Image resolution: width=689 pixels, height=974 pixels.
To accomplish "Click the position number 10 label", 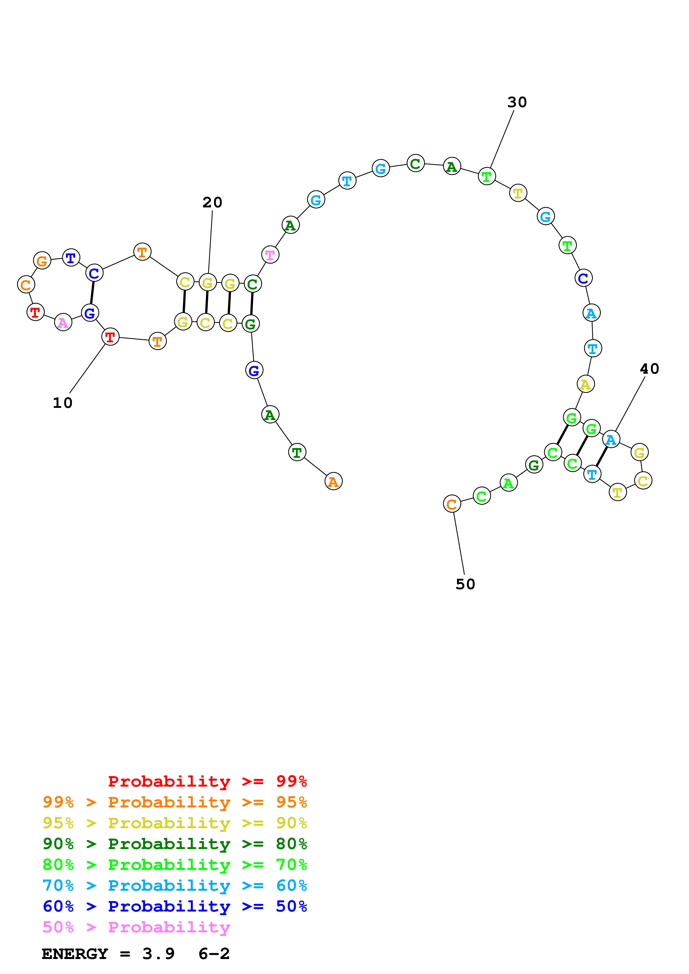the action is pyautogui.click(x=63, y=403).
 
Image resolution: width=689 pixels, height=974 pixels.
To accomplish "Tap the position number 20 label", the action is pyautogui.click(x=212, y=202).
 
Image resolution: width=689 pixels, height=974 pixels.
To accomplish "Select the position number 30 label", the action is pyautogui.click(x=517, y=102).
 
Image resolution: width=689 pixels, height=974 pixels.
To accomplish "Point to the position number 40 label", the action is pyautogui.click(x=649, y=369).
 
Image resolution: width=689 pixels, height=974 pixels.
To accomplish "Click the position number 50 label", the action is pyautogui.click(x=465, y=584).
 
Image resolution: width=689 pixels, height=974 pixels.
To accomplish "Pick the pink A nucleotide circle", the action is pyautogui.click(x=63, y=323).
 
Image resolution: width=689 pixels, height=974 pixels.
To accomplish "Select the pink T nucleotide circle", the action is pyautogui.click(x=270, y=255).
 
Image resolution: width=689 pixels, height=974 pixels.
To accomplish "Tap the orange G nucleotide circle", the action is pyautogui.click(x=42, y=260).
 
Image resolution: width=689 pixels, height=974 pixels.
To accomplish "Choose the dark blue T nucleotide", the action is pyautogui.click(x=71, y=257).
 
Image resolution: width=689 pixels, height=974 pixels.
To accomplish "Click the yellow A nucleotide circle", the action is pyautogui.click(x=585, y=384).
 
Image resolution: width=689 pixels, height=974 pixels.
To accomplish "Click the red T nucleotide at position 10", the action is pyautogui.click(x=110, y=337).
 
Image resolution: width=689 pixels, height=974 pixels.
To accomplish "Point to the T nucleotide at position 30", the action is pyautogui.click(x=486, y=176).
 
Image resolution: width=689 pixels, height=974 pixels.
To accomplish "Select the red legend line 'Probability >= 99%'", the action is pyautogui.click(x=207, y=781).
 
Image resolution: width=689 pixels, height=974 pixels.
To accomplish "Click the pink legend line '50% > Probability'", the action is pyautogui.click(x=136, y=927).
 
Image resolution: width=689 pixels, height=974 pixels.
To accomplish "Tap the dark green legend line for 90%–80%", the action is pyautogui.click(x=175, y=844).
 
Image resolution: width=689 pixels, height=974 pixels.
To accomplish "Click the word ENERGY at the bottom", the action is pyautogui.click(x=75, y=954).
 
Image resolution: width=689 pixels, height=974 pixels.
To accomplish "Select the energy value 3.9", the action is pyautogui.click(x=158, y=954).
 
